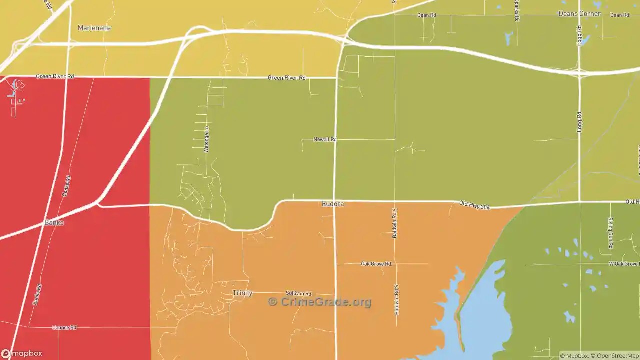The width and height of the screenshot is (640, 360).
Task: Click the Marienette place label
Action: (94, 28)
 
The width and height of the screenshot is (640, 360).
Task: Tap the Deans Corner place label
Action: (579, 14)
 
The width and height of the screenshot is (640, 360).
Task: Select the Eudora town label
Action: (333, 204)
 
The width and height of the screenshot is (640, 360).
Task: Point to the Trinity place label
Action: (242, 293)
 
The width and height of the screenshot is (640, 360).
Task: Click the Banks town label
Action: (54, 222)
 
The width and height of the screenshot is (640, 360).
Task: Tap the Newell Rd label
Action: (325, 139)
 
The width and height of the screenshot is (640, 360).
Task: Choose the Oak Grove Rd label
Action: (376, 263)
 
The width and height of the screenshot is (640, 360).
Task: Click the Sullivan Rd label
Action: (298, 293)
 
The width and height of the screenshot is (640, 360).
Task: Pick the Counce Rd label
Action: (64, 327)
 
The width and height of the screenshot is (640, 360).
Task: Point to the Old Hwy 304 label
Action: (474, 205)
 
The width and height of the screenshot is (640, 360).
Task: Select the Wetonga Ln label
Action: (206, 139)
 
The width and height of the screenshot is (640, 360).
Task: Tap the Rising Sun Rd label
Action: (611, 233)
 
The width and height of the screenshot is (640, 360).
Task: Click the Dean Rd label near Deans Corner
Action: (619, 15)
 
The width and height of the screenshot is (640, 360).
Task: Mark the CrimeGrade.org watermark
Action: (320, 302)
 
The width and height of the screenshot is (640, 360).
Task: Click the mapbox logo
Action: (22, 354)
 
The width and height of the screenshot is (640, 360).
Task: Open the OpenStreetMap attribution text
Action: (616, 356)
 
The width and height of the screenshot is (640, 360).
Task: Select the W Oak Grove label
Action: (623, 263)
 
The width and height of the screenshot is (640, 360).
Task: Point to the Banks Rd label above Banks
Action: (66, 186)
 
